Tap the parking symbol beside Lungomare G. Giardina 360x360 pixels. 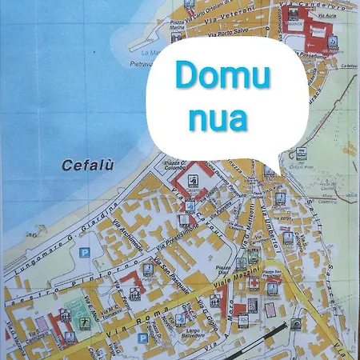coord(86,252)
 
